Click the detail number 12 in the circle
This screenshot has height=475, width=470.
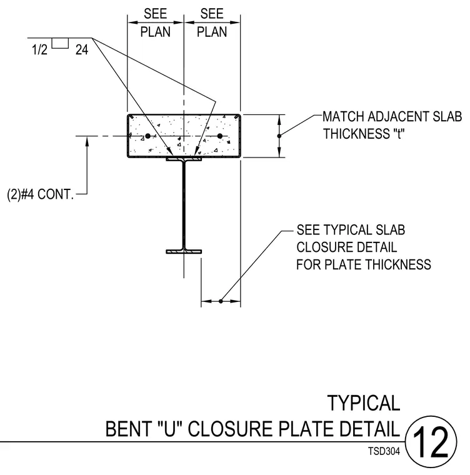tap(430, 442)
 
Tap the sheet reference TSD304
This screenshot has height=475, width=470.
tap(384, 451)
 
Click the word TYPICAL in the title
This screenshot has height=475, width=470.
tap(364, 403)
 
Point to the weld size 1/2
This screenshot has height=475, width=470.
tap(40, 49)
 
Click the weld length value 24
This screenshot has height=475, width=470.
tap(82, 49)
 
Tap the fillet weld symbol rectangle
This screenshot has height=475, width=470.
tap(60, 43)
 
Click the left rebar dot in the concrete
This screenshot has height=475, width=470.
tap(147, 136)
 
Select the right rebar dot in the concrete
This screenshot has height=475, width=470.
tap(220, 136)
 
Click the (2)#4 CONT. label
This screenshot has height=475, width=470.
tap(40, 194)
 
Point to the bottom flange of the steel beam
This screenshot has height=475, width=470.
tap(184, 251)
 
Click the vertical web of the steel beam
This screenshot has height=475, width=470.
tap(184, 205)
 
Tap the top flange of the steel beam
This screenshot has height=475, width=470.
tap(184, 159)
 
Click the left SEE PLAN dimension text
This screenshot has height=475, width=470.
tap(155, 23)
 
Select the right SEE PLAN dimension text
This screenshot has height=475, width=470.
tap(212, 23)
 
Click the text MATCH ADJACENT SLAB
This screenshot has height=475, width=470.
tap(392, 117)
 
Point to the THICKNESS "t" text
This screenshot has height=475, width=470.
tap(364, 134)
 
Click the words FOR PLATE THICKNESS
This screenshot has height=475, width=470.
tap(364, 264)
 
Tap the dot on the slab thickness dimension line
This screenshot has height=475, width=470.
tap(279, 136)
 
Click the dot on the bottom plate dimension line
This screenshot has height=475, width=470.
tap(221, 301)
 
